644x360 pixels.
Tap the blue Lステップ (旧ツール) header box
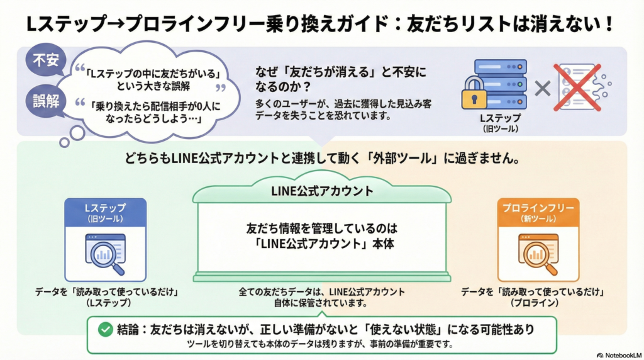(106, 213)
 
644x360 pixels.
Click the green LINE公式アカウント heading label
(321, 191)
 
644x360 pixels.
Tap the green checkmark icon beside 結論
(104, 329)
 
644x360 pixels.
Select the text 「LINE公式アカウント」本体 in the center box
(322, 245)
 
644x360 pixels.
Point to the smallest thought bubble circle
(64, 142)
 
